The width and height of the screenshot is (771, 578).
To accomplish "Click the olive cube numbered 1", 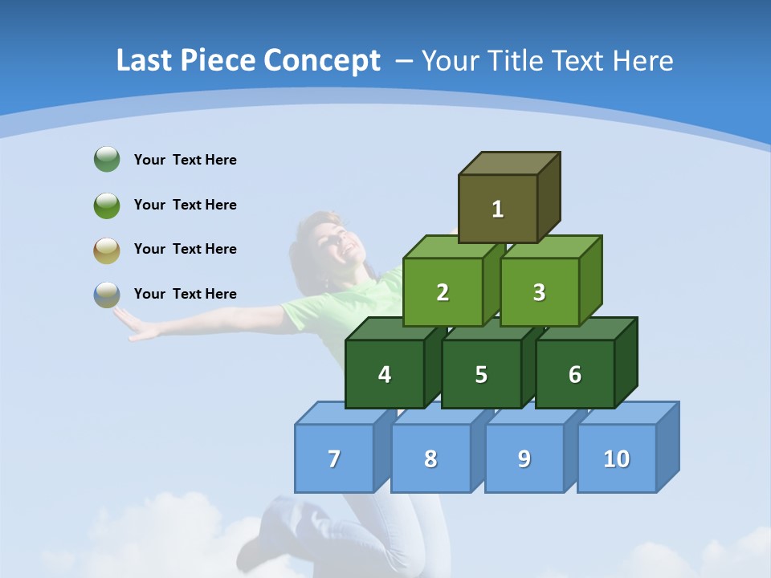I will [498, 209].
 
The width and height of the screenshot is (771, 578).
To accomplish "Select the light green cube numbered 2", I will [443, 292].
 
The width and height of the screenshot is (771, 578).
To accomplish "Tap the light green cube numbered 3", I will [539, 292].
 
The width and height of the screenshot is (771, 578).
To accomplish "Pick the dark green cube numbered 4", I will [385, 374].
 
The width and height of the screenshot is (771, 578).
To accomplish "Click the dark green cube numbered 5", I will [481, 374].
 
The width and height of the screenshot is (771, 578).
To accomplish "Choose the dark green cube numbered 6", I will [575, 374].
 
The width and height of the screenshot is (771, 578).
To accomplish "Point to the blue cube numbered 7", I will [334, 458].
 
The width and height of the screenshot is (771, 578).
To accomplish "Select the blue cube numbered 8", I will [430, 458].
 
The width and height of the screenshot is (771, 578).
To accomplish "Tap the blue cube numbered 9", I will [524, 458].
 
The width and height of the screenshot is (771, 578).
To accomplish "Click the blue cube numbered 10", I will [616, 458].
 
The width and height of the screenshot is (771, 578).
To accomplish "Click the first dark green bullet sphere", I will [107, 160].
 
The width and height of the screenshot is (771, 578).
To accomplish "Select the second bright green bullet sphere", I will [107, 205].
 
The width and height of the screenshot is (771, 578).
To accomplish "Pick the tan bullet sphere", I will [107, 250].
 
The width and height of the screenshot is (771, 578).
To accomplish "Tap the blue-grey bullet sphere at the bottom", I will [107, 295].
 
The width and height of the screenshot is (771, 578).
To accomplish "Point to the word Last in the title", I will [146, 61].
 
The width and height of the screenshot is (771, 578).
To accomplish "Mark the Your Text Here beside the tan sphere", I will [185, 249].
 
